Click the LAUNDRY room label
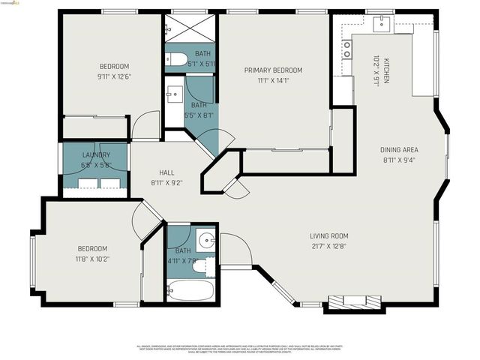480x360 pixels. [96, 154]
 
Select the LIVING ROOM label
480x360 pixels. [329, 235]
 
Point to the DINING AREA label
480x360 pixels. [398, 149]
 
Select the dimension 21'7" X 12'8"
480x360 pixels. [329, 245]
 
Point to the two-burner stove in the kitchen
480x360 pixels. [347, 49]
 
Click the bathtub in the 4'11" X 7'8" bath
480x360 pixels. [190, 289]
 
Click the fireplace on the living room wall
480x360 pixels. [355, 301]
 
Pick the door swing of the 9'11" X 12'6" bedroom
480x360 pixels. [145, 125]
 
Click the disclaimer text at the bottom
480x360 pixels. [239, 349]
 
